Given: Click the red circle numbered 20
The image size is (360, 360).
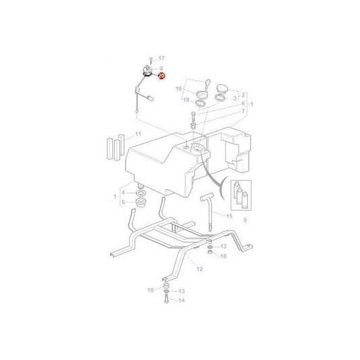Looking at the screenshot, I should click(161, 77).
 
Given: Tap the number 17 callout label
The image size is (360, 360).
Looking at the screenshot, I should click(161, 59).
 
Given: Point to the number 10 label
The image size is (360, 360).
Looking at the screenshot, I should click(178, 88).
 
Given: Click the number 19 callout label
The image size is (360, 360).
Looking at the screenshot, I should click(185, 99).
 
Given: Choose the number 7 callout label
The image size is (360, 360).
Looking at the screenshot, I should click(242, 111).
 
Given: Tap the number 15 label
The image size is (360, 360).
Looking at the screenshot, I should click(229, 216).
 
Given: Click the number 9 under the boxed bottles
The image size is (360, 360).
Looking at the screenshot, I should click(245, 220).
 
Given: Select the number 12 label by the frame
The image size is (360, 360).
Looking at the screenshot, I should click(199, 268).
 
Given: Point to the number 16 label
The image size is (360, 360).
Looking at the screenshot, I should click(224, 257).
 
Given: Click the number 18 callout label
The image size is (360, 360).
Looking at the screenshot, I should click(150, 289).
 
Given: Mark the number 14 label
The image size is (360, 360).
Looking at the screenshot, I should click(181, 301).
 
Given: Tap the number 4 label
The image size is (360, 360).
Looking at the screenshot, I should click(122, 192).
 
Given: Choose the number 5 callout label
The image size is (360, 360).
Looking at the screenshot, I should click(122, 201).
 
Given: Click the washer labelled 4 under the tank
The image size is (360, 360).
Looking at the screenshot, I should click(141, 192).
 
